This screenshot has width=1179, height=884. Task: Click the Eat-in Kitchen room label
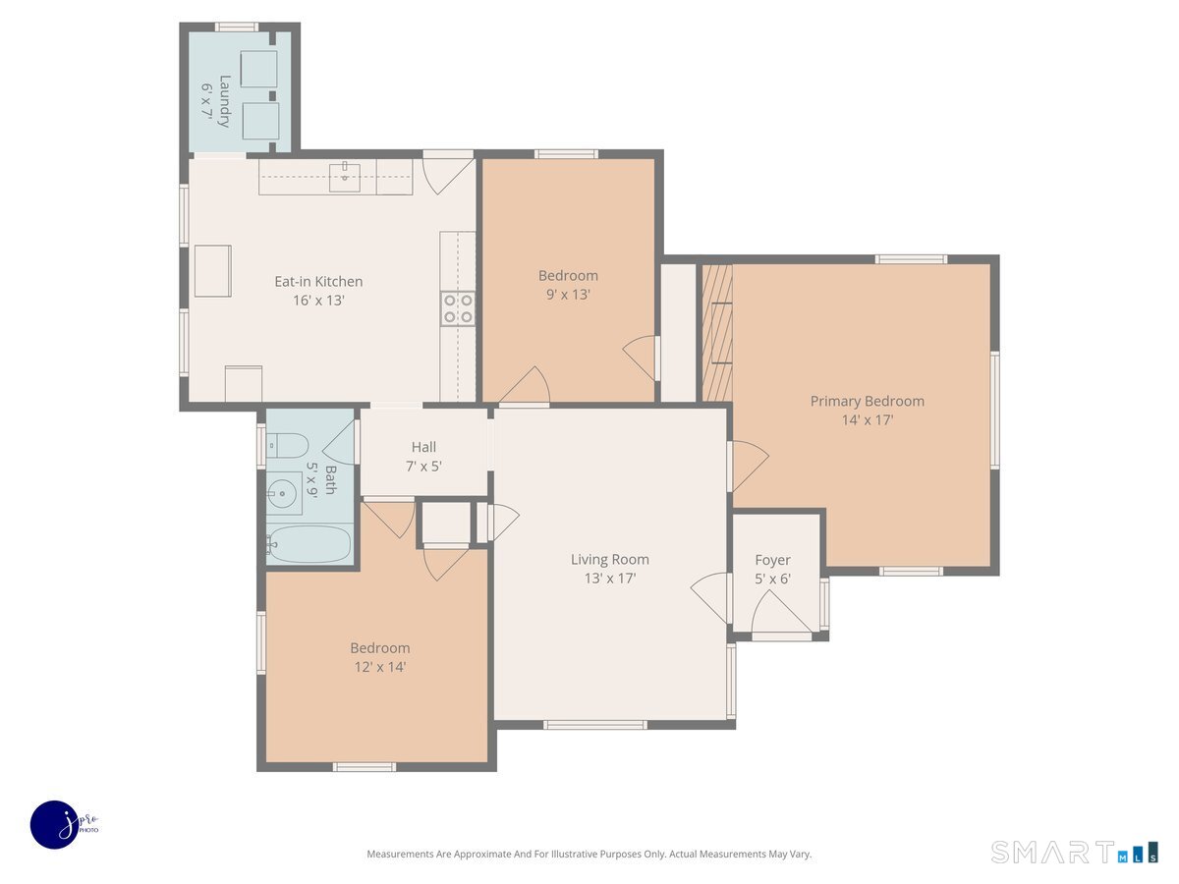pos(318,281)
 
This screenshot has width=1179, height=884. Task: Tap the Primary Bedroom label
pos(867,401)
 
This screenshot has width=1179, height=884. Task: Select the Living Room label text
pos(610,559)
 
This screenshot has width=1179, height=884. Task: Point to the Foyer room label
pos(772,560)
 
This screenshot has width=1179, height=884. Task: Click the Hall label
pos(423,447)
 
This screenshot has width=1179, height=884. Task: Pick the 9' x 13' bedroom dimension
pos(568,294)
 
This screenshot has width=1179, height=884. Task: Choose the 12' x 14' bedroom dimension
pos(380,667)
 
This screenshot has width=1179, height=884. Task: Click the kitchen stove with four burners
pos(458,308)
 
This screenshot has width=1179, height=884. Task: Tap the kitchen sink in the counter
pos(344,175)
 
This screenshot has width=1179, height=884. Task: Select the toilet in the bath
pos(287,445)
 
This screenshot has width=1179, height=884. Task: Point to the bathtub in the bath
pos(309,544)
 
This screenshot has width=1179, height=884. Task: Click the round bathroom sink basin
pos(282,493)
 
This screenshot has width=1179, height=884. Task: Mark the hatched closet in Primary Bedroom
pos(717,333)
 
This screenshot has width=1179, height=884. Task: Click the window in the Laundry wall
pos(237,27)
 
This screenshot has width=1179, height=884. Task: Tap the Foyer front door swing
pos(780,611)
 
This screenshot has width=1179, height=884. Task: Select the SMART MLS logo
pos(1074,852)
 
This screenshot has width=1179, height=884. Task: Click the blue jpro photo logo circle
pos(55,825)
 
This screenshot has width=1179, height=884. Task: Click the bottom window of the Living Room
pos(595,725)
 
